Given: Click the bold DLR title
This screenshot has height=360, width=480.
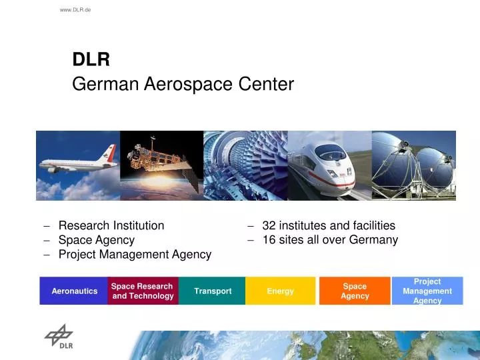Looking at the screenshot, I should [x=91, y=60].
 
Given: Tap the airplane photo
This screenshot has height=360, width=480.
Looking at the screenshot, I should [x=78, y=165].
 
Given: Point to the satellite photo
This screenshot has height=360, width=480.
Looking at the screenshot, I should [x=161, y=165].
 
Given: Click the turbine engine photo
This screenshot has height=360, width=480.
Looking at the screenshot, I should [x=245, y=165].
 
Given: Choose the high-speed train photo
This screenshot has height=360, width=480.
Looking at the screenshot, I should [x=329, y=165].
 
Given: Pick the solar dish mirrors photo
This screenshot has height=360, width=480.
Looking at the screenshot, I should [x=414, y=165].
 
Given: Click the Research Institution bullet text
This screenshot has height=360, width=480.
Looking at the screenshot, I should [x=111, y=225].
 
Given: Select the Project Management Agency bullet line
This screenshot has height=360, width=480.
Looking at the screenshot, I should [x=135, y=254].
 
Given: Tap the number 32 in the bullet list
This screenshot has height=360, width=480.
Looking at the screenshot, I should [x=269, y=225].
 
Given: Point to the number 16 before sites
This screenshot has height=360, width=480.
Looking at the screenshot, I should [x=269, y=240].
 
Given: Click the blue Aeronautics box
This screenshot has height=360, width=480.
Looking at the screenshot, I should [x=74, y=291].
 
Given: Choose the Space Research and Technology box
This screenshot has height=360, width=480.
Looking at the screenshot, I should [x=143, y=291].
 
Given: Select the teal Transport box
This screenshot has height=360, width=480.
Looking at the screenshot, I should [x=213, y=291].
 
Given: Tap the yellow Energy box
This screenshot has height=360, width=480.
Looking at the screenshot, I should [x=280, y=291].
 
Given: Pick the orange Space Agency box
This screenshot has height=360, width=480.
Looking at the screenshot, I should [x=355, y=291].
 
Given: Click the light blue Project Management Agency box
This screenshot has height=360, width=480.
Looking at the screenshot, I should [x=427, y=291].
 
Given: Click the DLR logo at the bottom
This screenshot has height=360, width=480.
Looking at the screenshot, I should [x=59, y=336].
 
